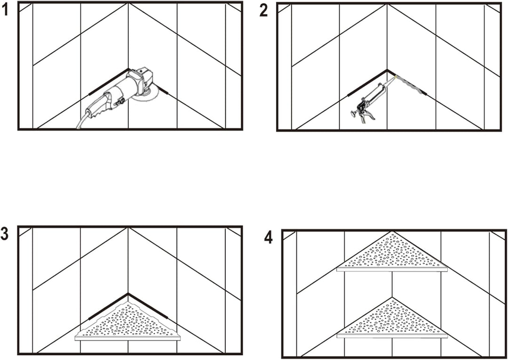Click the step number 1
click(x=5, y=10)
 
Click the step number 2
click(x=264, y=11)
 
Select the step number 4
click(x=269, y=238)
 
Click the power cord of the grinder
click(x=81, y=121)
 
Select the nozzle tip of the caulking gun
click(x=395, y=77)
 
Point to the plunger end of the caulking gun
click(x=354, y=114)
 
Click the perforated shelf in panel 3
click(x=127, y=322)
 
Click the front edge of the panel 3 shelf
click(x=127, y=338)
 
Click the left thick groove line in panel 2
click(x=367, y=83)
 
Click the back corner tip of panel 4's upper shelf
click(x=392, y=232)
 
